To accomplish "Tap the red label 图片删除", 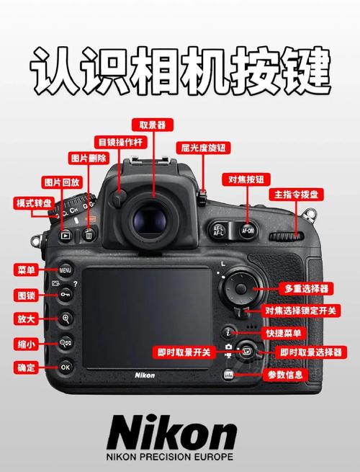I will pos(88,158).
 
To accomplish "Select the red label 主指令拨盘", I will pos(297,195).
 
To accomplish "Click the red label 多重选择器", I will pos(306,288).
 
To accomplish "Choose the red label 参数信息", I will pos(286,375).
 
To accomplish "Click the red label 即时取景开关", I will pos(184,352).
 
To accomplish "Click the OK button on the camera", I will pos(66,367).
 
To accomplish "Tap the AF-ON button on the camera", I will pos(248,231).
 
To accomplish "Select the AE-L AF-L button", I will pos(220,231).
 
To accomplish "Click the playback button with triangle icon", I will pos(65,235).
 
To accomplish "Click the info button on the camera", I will pos(228,375).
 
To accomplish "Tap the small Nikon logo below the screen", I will pos(145,375).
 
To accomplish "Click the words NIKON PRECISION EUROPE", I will pos(172,457).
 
